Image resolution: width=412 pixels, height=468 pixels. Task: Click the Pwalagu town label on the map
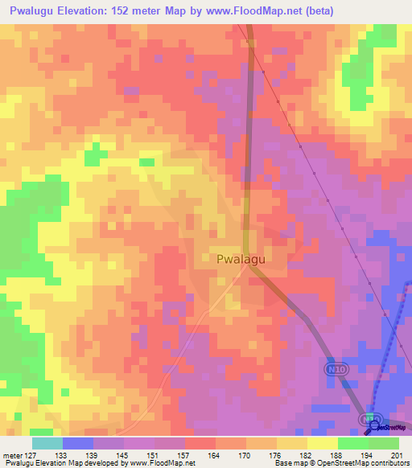click(241, 259)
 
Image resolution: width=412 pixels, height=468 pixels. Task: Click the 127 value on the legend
click(31, 456)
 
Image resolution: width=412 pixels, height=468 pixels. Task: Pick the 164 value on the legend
click(215, 456)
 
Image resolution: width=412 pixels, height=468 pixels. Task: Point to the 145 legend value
click(123, 456)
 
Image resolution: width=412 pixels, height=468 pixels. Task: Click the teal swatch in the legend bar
click(47, 443)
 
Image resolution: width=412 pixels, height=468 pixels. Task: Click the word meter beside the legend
click(12, 456)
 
